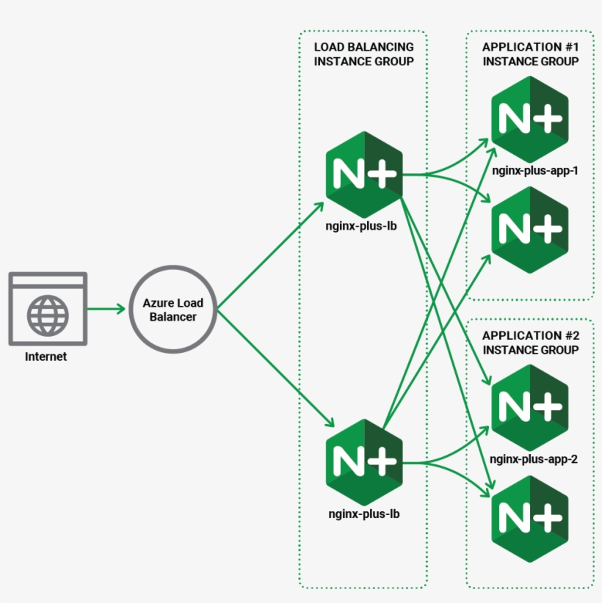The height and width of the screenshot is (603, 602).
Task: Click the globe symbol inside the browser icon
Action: coord(48,315)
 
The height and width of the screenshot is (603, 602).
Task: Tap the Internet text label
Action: coord(46,357)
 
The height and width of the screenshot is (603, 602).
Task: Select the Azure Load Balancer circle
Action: coord(173,310)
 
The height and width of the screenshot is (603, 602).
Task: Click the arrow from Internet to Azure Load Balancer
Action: coord(106,309)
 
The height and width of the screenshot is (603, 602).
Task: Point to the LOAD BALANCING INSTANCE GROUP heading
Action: coord(363,54)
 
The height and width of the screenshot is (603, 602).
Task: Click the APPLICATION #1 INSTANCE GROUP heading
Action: coord(530,54)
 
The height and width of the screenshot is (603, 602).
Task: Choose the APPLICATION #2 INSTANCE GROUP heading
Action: coord(530,343)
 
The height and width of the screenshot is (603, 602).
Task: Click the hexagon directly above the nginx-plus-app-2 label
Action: coord(530,406)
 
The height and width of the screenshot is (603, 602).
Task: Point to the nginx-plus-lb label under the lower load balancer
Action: coord(364,514)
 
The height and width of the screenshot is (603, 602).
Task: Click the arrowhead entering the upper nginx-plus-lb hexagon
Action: coord(319,206)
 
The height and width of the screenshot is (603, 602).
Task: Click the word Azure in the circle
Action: coord(157,303)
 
